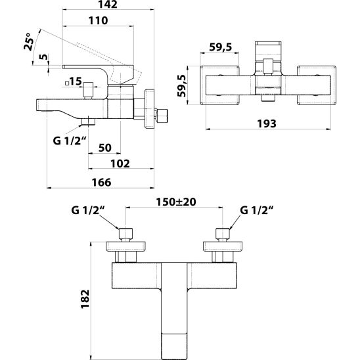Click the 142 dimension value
108,5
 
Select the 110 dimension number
99,20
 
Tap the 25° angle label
28,42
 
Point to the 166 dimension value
101,182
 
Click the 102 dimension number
120,164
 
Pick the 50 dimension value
105,148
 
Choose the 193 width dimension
267,124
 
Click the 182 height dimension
85,299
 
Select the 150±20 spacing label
176,202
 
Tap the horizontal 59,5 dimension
221,47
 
